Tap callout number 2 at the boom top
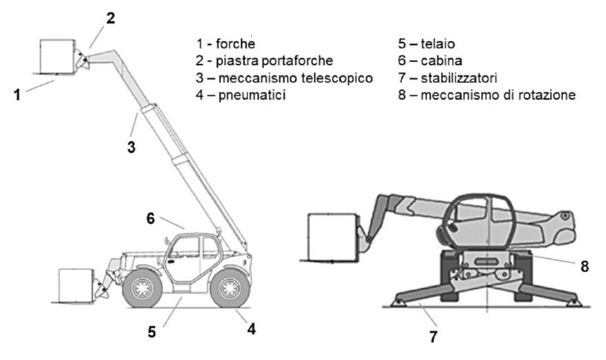click(x=111, y=19)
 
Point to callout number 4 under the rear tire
click(x=252, y=330)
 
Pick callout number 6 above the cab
click(x=151, y=218)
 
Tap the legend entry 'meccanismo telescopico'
click(x=296, y=77)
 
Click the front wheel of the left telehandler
click(x=142, y=288)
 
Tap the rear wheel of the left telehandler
click(x=229, y=288)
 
